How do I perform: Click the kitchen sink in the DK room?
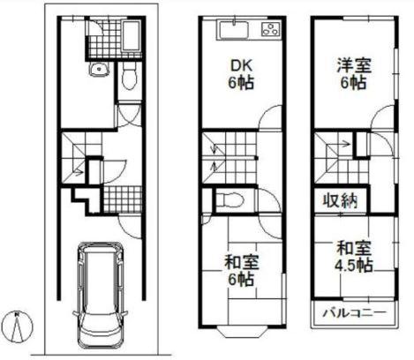[x=233, y=32]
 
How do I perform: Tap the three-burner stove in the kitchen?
[x=268, y=32]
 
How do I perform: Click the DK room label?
[x=240, y=74]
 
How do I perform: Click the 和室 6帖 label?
[x=236, y=270]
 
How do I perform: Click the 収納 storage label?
[x=339, y=201]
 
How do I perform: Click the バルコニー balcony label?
[x=348, y=313]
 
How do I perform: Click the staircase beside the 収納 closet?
[x=334, y=154]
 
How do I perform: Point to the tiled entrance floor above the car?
[x=116, y=198]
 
